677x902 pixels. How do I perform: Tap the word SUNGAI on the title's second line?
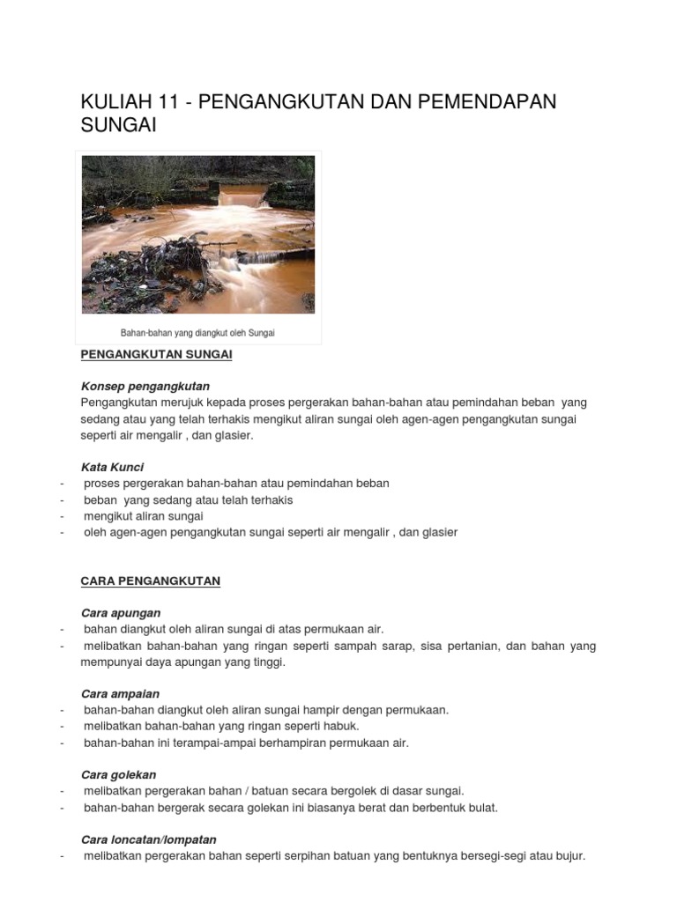118,125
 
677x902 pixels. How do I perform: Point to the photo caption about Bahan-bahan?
197,333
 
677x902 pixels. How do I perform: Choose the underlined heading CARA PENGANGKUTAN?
150,580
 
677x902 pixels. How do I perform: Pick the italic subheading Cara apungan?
121,612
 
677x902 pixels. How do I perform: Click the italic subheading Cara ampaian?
120,694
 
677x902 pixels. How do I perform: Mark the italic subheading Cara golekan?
118,774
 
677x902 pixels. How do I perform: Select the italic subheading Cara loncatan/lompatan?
148,839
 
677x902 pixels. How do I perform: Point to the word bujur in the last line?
569,855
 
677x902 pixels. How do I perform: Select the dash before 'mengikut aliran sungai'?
62,516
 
